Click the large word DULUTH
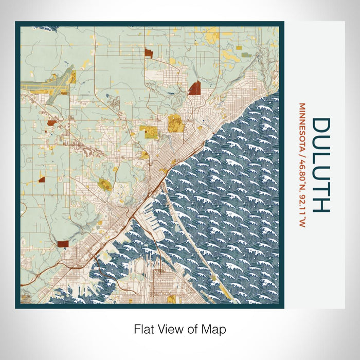pos(320,165)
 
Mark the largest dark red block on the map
pos(194,88)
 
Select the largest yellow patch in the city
pos(175,123)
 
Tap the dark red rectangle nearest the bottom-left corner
pos(63,245)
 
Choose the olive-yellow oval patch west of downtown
pos(105,185)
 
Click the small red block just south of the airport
pos(52,123)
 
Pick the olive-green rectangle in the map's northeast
pos(247,54)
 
